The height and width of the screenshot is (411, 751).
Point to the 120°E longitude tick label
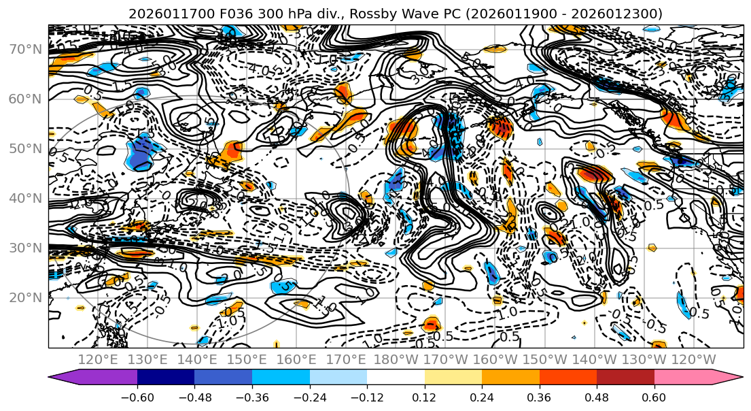pos(98,359)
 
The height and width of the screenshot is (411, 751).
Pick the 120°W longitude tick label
pos(694,359)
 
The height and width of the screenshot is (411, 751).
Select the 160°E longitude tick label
pos(297,359)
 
